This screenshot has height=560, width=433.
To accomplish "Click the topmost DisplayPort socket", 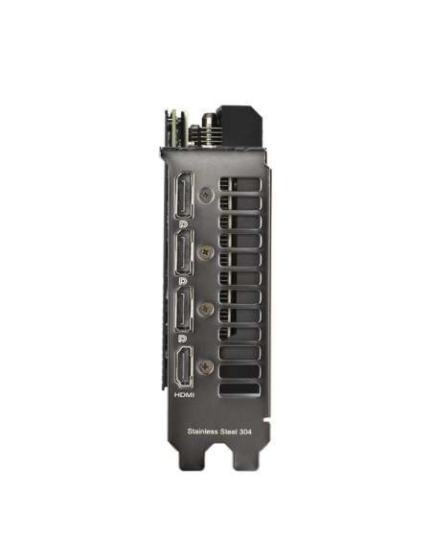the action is click(x=184, y=196).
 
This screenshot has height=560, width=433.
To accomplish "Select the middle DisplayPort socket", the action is click(x=184, y=252).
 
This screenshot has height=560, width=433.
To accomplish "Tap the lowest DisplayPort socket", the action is click(x=184, y=309).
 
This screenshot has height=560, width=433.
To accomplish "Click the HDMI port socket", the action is click(x=184, y=367).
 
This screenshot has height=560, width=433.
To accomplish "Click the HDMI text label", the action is click(x=184, y=395).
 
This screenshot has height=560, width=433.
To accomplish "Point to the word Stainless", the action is click(x=202, y=432).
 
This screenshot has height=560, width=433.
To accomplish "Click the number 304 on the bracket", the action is click(x=245, y=432).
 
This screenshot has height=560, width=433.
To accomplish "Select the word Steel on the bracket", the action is click(x=228, y=432).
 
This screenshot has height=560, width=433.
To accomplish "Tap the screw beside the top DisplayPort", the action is click(x=206, y=195).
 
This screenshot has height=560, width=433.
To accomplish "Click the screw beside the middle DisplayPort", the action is click(x=206, y=252).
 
